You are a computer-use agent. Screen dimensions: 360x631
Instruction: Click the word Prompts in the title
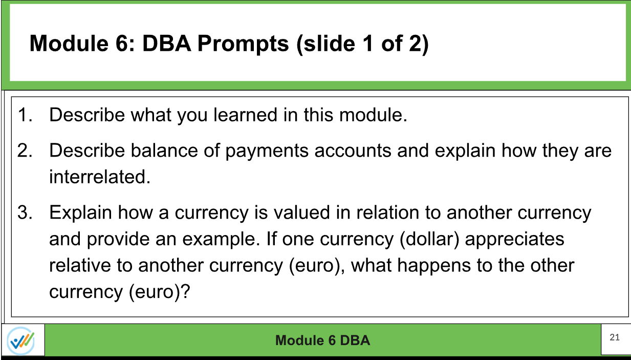(244, 44)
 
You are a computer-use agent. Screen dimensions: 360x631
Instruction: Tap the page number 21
(615, 337)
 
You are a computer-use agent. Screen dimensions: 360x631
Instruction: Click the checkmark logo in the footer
(21, 340)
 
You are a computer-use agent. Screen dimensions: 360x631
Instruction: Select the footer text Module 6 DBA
(322, 340)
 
